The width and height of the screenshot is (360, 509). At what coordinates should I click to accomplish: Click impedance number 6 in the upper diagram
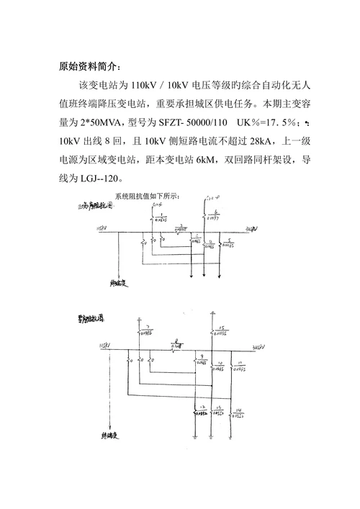point(217,212)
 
